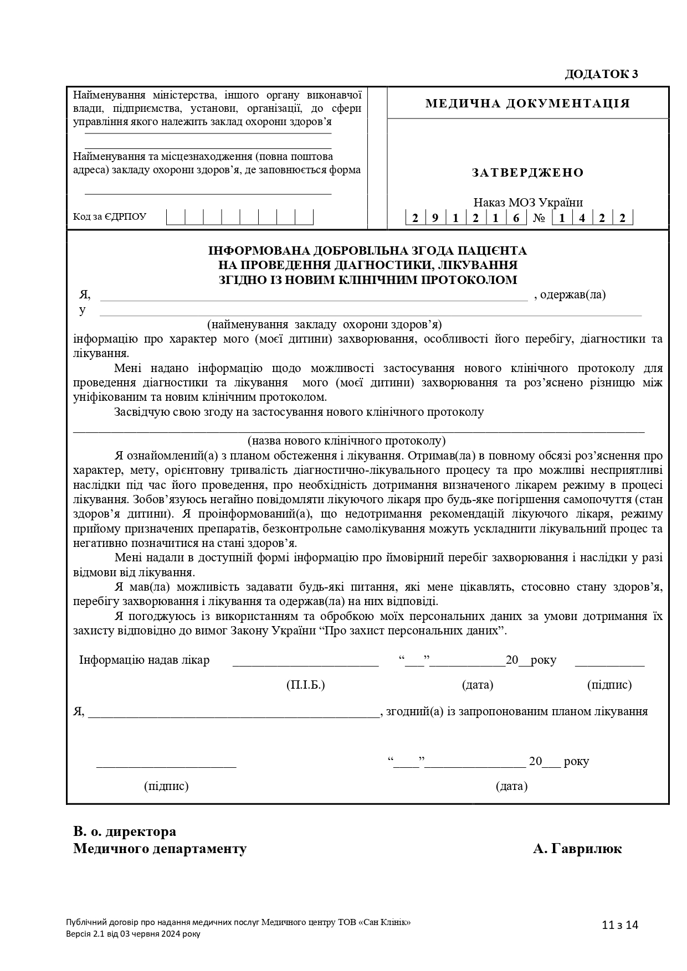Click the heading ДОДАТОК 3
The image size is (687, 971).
pyautogui.click(x=601, y=74)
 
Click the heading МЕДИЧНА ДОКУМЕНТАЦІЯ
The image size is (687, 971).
pyautogui.click(x=527, y=104)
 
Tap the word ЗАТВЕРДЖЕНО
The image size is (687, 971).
pyautogui.click(x=527, y=173)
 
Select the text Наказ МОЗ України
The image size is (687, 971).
pyautogui.click(x=527, y=203)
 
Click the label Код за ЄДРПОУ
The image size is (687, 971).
pyautogui.click(x=110, y=216)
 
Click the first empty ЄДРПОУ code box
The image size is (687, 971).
pyautogui.click(x=176, y=216)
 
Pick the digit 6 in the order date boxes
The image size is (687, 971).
pyautogui.click(x=516, y=218)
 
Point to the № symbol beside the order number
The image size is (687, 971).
pyautogui.click(x=539, y=218)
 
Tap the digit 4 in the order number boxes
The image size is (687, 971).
pyautogui.click(x=582, y=218)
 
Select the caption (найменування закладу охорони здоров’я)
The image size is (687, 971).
pyautogui.click(x=324, y=324)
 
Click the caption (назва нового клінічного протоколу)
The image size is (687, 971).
pyautogui.click(x=347, y=441)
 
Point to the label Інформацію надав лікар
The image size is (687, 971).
pyautogui.click(x=144, y=660)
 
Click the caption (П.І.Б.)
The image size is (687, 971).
pyautogui.click(x=305, y=685)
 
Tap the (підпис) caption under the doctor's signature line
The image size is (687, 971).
pyautogui.click(x=609, y=685)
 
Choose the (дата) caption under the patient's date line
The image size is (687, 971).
pyautogui.click(x=511, y=786)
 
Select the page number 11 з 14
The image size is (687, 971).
pyautogui.click(x=620, y=925)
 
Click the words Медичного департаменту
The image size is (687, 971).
pyautogui.click(x=160, y=849)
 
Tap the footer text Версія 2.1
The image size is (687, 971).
pyautogui.click(x=84, y=934)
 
